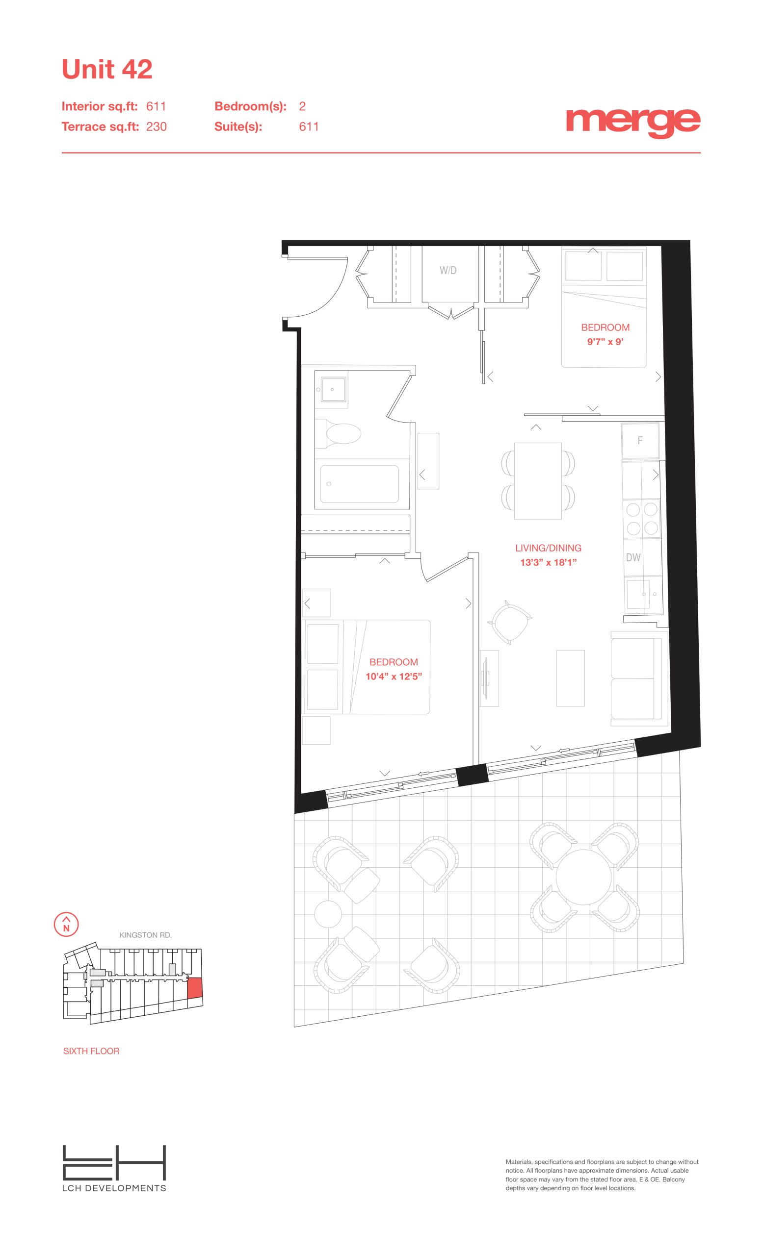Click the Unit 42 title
click(x=106, y=69)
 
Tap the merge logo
click(x=633, y=123)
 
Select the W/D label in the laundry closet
click(x=448, y=271)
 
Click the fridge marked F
click(x=640, y=441)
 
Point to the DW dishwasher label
click(x=633, y=557)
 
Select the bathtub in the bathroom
click(x=359, y=484)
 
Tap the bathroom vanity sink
click(x=331, y=390)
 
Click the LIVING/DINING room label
click(x=548, y=548)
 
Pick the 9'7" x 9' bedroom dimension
click(x=605, y=342)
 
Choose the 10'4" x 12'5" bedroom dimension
click(x=394, y=677)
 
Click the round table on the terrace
click(x=583, y=877)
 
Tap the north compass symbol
click(x=66, y=924)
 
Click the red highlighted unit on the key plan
click(x=195, y=988)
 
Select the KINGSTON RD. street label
click(x=145, y=935)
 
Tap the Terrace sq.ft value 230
click(x=157, y=127)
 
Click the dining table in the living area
click(x=538, y=481)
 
